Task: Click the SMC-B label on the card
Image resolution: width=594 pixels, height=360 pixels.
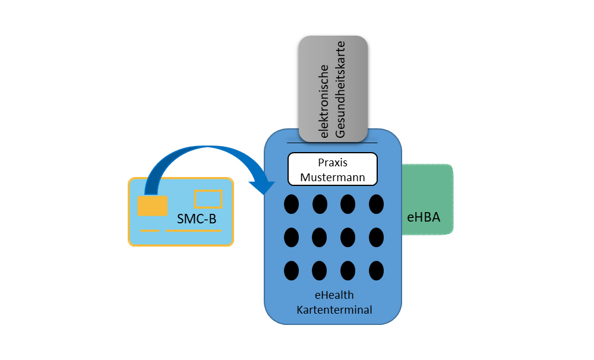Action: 197,220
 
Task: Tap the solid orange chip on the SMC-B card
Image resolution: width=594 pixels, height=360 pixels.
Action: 148,206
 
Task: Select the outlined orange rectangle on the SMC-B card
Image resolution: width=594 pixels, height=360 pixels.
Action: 208,199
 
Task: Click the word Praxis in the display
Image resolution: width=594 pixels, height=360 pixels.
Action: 332,162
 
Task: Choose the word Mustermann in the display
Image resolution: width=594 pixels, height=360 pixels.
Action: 332,176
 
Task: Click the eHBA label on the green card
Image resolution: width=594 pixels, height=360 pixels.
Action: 424,217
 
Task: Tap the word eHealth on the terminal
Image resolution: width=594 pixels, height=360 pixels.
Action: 334,295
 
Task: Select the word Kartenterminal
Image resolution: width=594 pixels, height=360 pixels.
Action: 334,309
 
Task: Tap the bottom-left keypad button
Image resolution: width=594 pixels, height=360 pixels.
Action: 291,270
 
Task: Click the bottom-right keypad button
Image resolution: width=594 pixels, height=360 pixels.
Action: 376,270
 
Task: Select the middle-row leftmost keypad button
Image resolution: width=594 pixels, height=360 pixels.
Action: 291,237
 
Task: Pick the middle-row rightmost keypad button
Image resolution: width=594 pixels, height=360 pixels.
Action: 376,237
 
